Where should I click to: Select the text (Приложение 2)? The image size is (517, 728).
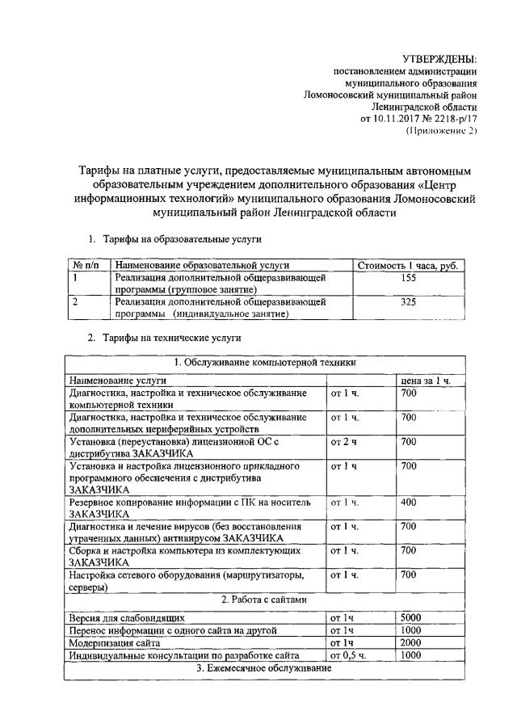click(441, 130)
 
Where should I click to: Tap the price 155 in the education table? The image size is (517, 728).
click(407, 277)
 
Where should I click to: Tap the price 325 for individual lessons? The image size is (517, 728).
click(407, 302)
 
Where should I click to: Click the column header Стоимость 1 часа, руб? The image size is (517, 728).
click(407, 265)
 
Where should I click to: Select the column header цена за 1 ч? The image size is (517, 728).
click(425, 379)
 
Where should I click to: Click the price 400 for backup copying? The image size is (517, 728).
click(408, 503)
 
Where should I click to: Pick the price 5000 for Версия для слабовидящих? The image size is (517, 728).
click(411, 617)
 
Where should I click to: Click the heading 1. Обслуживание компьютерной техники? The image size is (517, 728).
click(264, 363)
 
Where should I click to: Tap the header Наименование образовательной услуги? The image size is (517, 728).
click(202, 265)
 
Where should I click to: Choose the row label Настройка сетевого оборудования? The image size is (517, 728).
click(186, 574)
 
